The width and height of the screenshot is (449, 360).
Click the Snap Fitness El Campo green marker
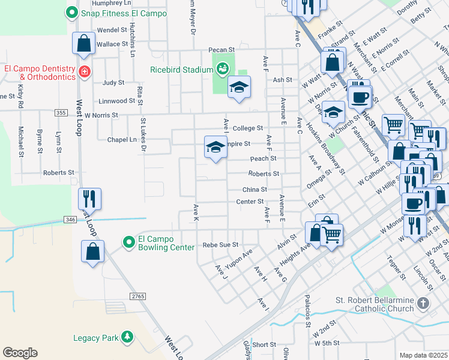pos(72,11)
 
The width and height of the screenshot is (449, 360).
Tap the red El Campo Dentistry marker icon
pos(85,73)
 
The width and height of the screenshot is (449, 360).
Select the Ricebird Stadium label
pos(181,70)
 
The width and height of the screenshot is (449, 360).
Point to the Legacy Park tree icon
pos(127,337)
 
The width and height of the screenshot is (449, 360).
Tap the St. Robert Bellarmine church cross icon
pos(424,304)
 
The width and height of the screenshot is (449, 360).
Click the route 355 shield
pos(60,113)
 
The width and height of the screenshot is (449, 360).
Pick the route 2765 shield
pos(138,296)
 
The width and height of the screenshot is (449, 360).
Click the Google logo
pos(20,352)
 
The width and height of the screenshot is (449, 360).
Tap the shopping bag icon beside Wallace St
pos(83,43)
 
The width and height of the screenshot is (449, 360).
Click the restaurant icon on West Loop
pos(89,198)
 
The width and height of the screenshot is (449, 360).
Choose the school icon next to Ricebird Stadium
pos(238,88)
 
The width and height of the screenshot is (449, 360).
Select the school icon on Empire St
pos(215,147)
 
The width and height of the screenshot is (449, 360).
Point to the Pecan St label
pos(220,49)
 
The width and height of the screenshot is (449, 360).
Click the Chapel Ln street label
pos(122,139)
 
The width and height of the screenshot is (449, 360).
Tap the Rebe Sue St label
pos(220,245)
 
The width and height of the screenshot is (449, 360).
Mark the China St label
pos(255,189)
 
